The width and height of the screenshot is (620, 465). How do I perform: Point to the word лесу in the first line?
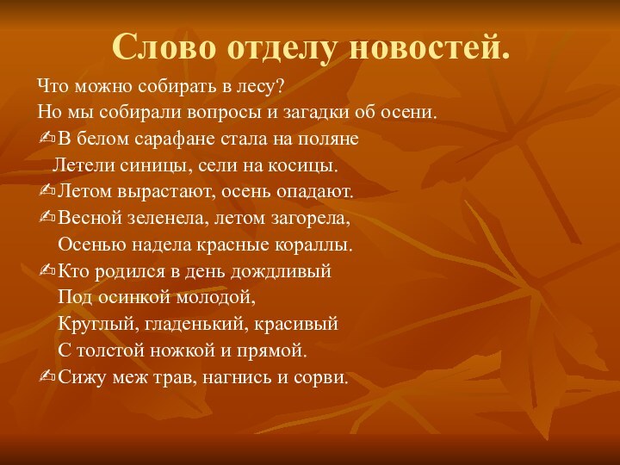pos(263,87)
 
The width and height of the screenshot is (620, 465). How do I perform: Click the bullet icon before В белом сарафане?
pos(46,139)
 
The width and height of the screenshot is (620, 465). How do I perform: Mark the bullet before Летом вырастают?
pos(46,192)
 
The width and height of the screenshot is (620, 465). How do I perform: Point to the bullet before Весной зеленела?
pos(46,219)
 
